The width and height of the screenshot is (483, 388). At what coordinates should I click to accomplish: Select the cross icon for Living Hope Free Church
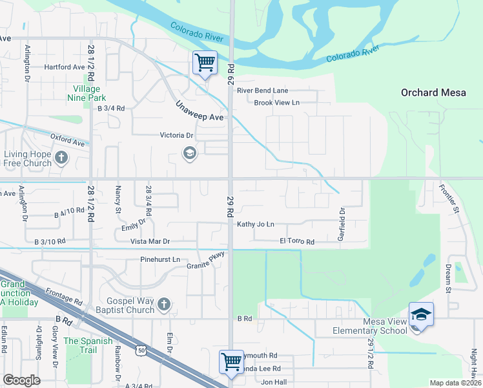61,157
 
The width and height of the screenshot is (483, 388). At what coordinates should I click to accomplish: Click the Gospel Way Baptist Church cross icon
164,304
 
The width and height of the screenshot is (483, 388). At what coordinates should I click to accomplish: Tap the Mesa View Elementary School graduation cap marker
421,314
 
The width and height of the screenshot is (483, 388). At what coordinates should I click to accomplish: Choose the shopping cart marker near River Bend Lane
205,63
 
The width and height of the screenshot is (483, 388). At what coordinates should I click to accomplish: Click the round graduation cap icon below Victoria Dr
189,153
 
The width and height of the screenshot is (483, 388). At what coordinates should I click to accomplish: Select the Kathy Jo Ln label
256,224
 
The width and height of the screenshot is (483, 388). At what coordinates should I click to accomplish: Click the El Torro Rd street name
296,242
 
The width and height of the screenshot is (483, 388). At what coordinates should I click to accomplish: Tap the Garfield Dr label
342,224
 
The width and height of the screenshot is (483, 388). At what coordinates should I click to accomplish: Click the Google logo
22,380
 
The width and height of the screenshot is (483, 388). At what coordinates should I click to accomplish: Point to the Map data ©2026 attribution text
455,383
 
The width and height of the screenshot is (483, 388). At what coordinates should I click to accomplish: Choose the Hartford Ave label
65,67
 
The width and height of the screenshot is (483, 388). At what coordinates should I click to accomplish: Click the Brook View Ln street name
276,103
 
